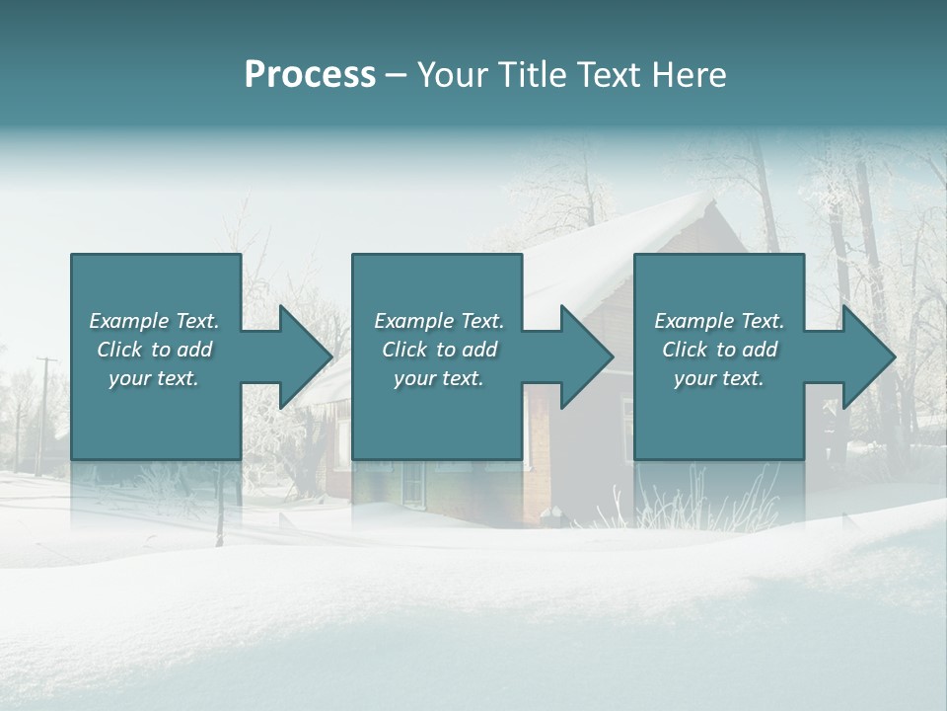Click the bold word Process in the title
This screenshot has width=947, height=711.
pos(310,75)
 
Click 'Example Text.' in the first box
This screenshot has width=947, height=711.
pos(154,321)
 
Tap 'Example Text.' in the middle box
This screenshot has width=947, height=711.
pos(439,321)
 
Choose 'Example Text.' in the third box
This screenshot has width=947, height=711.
pos(719,321)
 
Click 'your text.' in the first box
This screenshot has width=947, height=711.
pos(154,378)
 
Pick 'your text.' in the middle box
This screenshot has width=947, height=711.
pos(439,378)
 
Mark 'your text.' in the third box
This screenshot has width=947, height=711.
pos(719,378)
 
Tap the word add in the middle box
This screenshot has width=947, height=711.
pos(479,350)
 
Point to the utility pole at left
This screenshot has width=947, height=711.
pos(44,405)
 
